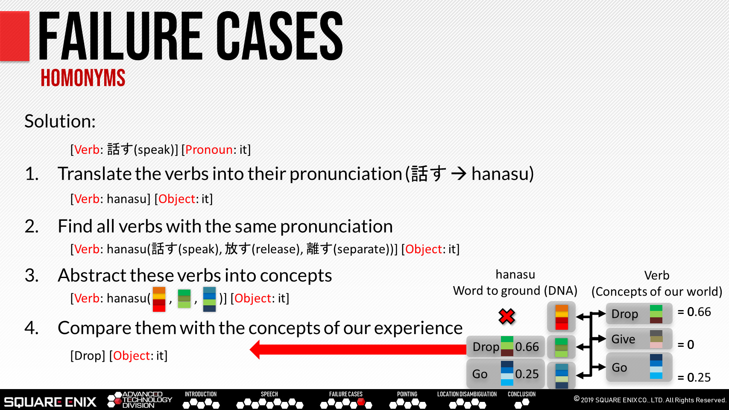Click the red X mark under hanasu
coord(506,316)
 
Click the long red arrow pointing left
coord(358,349)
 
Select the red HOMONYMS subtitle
coord(83,78)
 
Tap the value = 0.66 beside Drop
coord(694,312)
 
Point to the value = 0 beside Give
coord(686,344)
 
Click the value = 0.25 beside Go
coord(694,378)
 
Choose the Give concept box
coord(639,339)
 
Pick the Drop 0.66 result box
coord(505,346)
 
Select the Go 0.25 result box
coord(505,374)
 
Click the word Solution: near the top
coord(60,121)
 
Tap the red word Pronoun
coord(209,149)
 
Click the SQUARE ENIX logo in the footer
coord(50,401)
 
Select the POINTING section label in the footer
coord(407,394)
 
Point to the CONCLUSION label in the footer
coord(522,394)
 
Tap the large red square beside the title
coord(15,36)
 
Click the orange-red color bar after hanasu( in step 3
coord(159,299)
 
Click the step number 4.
coord(32,328)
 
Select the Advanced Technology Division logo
coord(140,400)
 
